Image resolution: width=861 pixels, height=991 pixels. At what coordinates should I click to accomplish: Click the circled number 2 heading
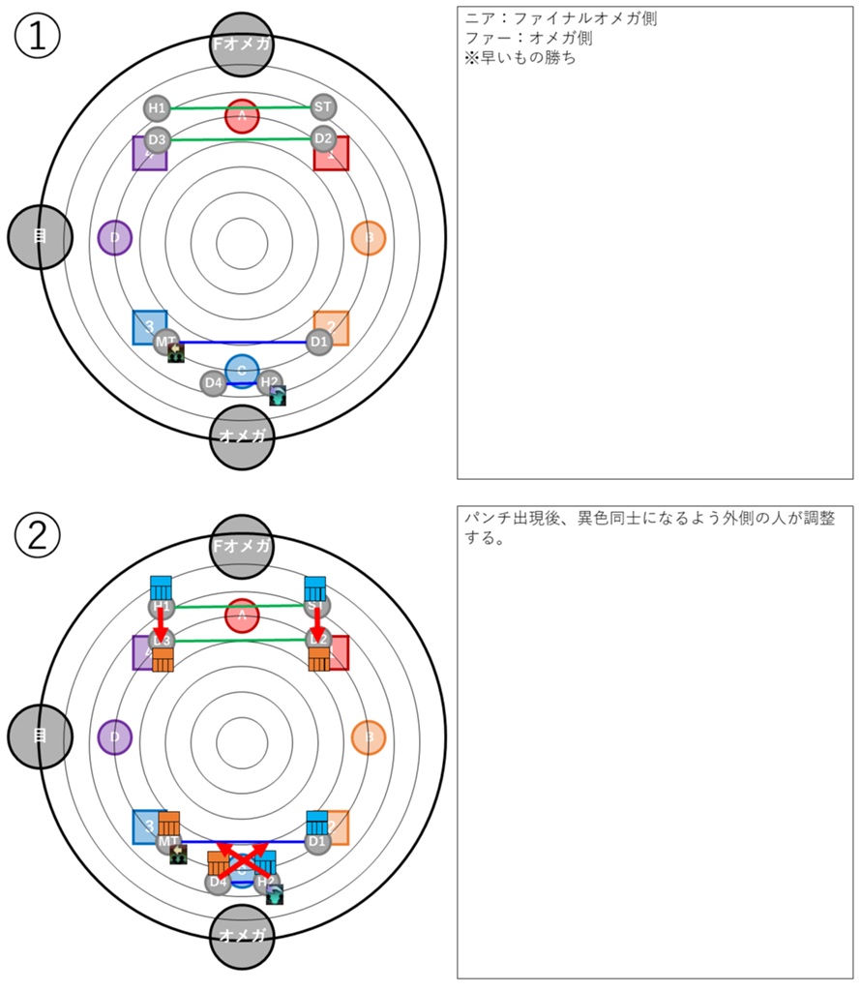click(38, 534)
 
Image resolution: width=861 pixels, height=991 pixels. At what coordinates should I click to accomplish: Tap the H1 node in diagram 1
click(157, 107)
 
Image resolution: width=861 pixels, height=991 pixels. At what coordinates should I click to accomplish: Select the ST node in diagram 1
click(323, 107)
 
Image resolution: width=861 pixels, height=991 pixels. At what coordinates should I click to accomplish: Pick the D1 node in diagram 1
click(319, 341)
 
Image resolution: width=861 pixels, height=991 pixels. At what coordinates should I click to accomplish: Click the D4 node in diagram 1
click(214, 383)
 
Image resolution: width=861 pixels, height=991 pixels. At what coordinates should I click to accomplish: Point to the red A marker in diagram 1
click(242, 116)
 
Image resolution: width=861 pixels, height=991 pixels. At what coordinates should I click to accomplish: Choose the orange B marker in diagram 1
click(368, 237)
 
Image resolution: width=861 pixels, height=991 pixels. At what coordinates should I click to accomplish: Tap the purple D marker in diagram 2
click(115, 736)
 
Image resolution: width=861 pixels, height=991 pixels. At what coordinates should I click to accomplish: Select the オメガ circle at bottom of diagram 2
click(242, 936)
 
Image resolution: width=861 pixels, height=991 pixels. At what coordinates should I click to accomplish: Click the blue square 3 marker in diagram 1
click(149, 326)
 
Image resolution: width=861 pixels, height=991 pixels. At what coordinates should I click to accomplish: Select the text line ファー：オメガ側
click(528, 39)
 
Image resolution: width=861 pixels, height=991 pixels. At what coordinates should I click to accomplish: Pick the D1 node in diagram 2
click(317, 842)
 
